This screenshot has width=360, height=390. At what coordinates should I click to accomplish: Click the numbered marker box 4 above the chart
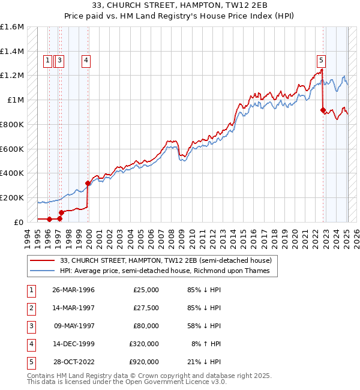86,60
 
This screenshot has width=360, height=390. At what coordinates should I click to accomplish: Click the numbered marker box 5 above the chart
322,60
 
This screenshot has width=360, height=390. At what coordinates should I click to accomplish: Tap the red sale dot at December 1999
88,183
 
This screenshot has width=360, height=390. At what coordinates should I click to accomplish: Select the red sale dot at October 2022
323,110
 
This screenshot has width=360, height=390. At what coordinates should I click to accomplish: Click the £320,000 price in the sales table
144,344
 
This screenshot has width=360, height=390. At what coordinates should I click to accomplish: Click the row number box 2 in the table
31,308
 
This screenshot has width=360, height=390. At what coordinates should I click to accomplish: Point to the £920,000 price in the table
144,362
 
